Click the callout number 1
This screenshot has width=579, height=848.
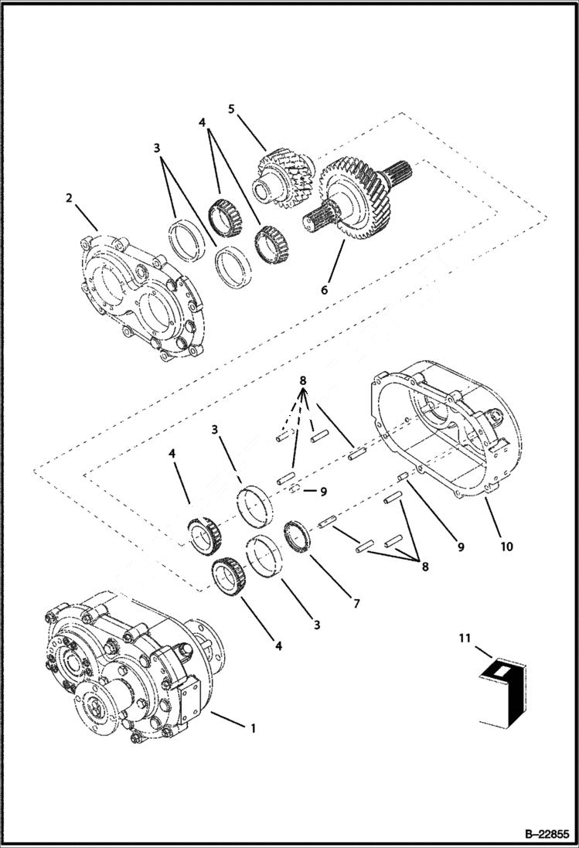pos(251,728)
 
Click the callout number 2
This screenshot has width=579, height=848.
pos(69,199)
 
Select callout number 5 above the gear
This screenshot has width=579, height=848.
pos(230,109)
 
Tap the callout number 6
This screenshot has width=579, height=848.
pos(325,291)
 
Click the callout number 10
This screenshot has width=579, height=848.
pos(506,547)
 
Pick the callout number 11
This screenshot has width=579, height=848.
pos(462,639)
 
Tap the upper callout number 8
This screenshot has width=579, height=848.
pos(303,381)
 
